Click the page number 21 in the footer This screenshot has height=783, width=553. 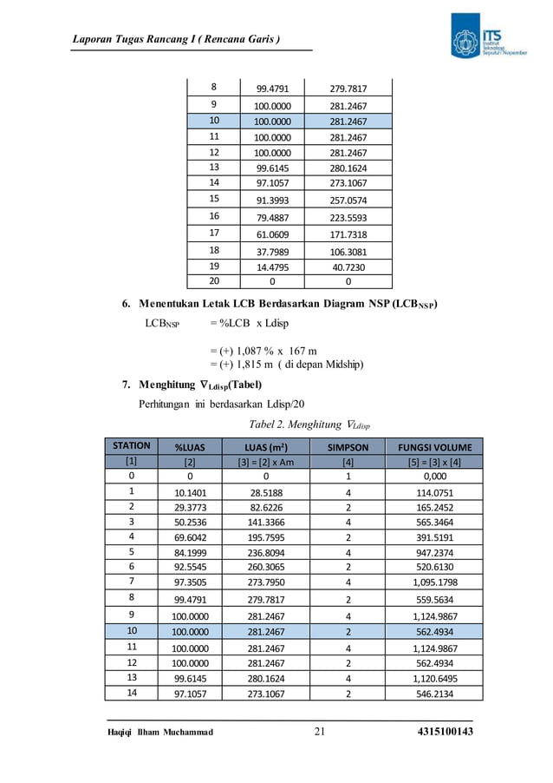coord(319,734)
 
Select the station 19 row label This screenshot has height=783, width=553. coord(214,267)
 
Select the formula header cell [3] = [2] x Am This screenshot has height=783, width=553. coord(265,462)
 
